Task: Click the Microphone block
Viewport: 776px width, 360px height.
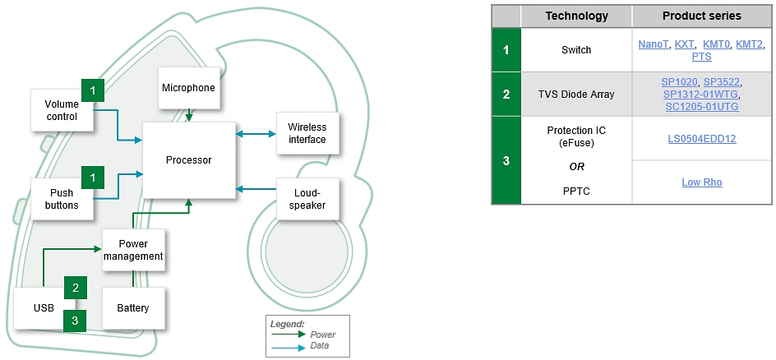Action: pos(188,88)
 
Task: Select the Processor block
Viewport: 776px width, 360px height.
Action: pos(188,160)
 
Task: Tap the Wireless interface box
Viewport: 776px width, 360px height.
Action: pos(307,133)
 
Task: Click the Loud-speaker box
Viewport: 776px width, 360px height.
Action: pos(307,198)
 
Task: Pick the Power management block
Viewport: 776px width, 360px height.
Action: pos(133,250)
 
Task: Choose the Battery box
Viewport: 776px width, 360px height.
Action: pos(133,308)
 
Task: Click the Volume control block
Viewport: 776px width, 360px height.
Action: pos(61,111)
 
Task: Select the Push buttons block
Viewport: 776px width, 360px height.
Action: pos(61,199)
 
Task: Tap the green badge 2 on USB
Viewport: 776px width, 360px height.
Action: pos(76,288)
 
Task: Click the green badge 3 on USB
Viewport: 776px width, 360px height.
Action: pos(76,321)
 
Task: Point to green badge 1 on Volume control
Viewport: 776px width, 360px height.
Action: pos(93,89)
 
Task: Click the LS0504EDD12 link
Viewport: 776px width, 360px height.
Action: pos(701,139)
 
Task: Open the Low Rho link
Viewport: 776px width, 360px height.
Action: pos(701,182)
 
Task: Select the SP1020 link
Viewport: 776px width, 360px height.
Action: pos(679,82)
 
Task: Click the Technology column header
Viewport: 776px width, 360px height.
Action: pos(576,16)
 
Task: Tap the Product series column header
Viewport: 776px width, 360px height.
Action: pos(701,16)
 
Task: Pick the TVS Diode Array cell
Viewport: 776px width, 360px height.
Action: pos(576,95)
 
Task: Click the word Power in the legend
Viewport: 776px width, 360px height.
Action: pos(323,335)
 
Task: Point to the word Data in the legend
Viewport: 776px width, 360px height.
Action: pos(321,346)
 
